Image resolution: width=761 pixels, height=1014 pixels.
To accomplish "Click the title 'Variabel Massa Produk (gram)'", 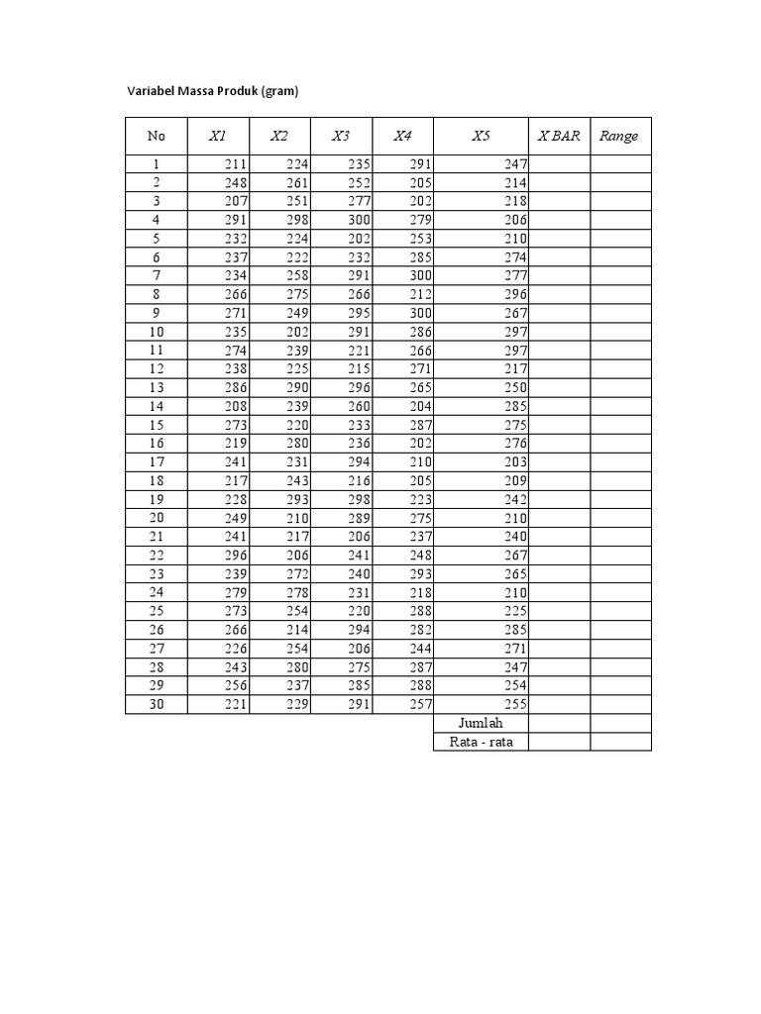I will tap(213, 91).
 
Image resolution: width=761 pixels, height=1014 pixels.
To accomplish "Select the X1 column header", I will tap(218, 136).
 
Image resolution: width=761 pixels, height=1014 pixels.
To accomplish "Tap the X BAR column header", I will tap(559, 136).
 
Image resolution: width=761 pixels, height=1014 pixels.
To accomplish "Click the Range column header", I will tap(619, 136).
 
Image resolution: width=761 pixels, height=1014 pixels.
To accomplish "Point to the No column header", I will tap(157, 136).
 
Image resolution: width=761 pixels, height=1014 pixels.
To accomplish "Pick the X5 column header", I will tap(481, 136).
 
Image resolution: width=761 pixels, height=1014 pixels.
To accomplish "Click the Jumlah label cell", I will tap(481, 723).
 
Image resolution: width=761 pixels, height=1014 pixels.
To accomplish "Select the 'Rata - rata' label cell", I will tap(481, 742).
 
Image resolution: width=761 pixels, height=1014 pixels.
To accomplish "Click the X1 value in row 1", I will tap(236, 164).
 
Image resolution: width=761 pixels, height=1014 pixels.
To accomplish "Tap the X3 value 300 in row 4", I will tap(359, 220).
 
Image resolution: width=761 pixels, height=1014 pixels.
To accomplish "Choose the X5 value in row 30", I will tap(515, 704).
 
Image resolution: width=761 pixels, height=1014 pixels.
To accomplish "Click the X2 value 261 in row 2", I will tap(297, 183).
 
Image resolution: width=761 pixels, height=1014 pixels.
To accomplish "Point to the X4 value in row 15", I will tap(420, 425).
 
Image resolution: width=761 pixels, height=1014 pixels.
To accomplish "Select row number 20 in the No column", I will tap(157, 518).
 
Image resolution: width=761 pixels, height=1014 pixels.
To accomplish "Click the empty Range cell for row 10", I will tap(621, 332).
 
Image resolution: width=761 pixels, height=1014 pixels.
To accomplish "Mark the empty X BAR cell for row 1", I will tap(559, 164).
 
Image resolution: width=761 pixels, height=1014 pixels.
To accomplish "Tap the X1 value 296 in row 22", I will tap(236, 556).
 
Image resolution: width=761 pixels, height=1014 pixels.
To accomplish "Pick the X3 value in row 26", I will tap(359, 630).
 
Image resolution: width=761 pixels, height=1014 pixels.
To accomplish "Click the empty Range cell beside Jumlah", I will tap(621, 723).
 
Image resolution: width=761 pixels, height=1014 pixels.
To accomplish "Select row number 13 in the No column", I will tap(157, 387).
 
